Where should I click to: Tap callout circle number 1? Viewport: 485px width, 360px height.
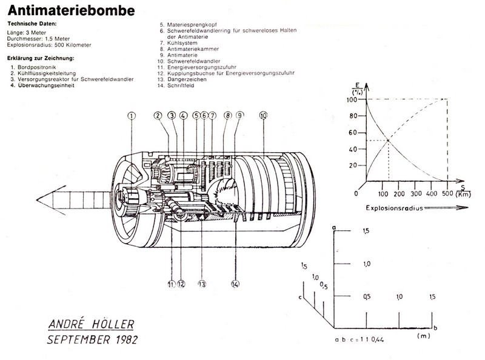click(x=132, y=115)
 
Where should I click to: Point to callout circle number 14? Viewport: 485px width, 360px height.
click(x=235, y=282)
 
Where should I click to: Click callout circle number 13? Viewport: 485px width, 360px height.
click(x=201, y=282)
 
